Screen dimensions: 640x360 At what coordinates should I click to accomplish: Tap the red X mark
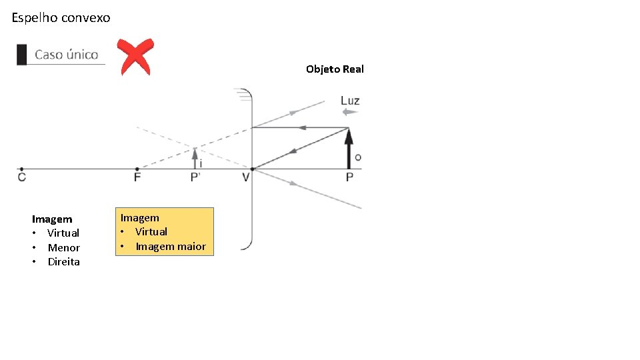point(135,57)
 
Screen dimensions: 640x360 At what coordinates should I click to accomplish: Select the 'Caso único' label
point(66,55)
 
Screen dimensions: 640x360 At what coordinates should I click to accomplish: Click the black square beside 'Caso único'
point(22,55)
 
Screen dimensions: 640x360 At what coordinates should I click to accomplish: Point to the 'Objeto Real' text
point(335,69)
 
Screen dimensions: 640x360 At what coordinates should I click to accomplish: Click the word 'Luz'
point(350,101)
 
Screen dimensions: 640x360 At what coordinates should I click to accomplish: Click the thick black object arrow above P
point(349,148)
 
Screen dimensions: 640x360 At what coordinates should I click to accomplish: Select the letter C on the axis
point(22,177)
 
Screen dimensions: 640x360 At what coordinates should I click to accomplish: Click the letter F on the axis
point(137,177)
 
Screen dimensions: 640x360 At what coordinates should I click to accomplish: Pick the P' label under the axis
point(196,177)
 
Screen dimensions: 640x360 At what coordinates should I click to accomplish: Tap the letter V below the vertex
point(246,177)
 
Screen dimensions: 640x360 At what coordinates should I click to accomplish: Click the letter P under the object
point(349,177)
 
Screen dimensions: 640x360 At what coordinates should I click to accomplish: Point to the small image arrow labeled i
point(195,158)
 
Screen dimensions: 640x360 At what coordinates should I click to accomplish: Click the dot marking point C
point(22,169)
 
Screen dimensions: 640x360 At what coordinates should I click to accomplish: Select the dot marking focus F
point(137,169)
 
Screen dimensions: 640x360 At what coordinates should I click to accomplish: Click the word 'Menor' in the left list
point(64,248)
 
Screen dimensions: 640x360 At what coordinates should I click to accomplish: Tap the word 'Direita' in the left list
point(64,262)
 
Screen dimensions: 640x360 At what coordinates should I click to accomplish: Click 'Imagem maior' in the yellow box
point(171,247)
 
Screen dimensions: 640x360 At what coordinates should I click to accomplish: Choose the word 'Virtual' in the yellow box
point(151,232)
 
